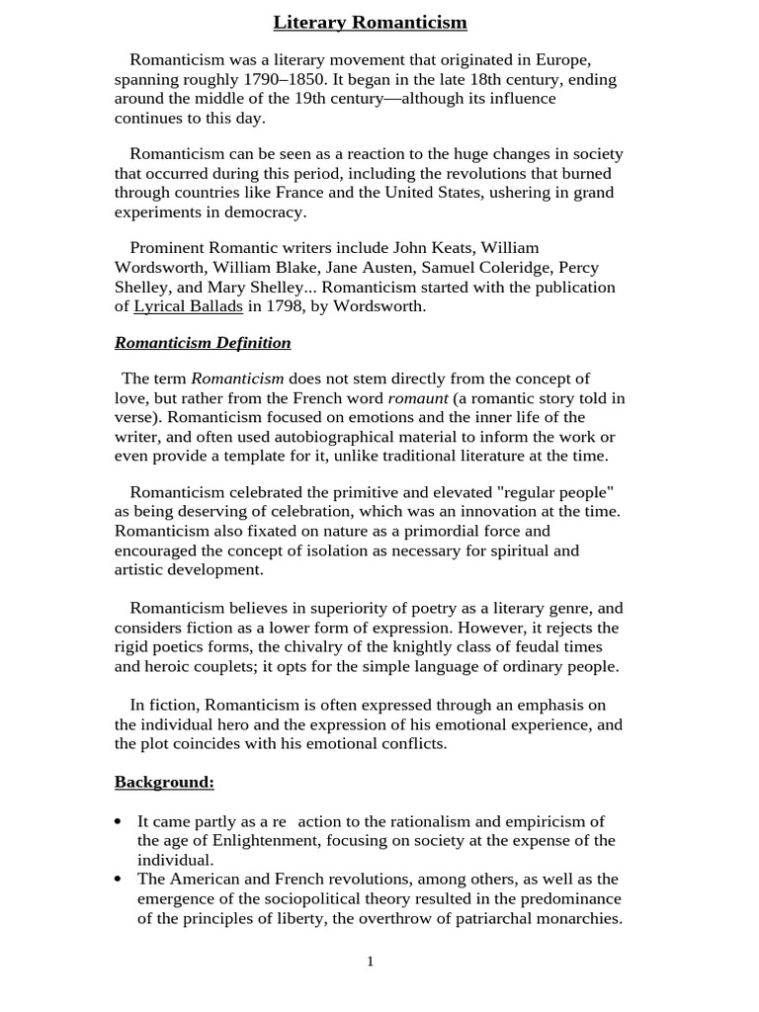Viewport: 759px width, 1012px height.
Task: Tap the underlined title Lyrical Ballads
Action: pyautogui.click(x=188, y=306)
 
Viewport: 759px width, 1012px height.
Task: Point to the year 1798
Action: pyautogui.click(x=286, y=306)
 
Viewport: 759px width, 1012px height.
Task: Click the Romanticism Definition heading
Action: pyautogui.click(x=203, y=343)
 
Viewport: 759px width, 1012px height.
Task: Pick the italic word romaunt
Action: pyautogui.click(x=417, y=398)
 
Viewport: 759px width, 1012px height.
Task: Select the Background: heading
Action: pyautogui.click(x=164, y=782)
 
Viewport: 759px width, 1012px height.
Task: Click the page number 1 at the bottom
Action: pyautogui.click(x=371, y=962)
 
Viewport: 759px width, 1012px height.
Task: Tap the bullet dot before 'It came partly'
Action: pyautogui.click(x=119, y=822)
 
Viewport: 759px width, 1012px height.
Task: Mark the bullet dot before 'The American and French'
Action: pyautogui.click(x=119, y=880)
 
